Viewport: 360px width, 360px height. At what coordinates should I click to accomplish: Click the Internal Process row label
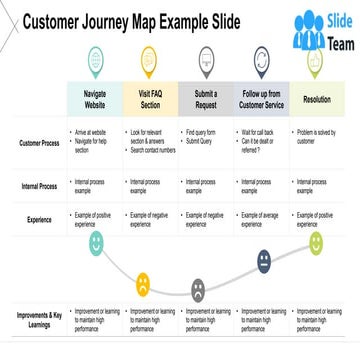click(38, 186)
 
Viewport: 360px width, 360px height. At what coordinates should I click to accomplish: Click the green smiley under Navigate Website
click(96, 242)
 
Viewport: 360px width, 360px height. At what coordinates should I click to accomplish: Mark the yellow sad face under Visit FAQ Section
click(143, 283)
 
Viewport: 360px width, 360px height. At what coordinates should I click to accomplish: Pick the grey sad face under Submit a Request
click(198, 290)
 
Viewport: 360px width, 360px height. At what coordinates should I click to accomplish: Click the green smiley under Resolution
click(316, 243)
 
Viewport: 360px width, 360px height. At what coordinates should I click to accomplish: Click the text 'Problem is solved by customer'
click(317, 137)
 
